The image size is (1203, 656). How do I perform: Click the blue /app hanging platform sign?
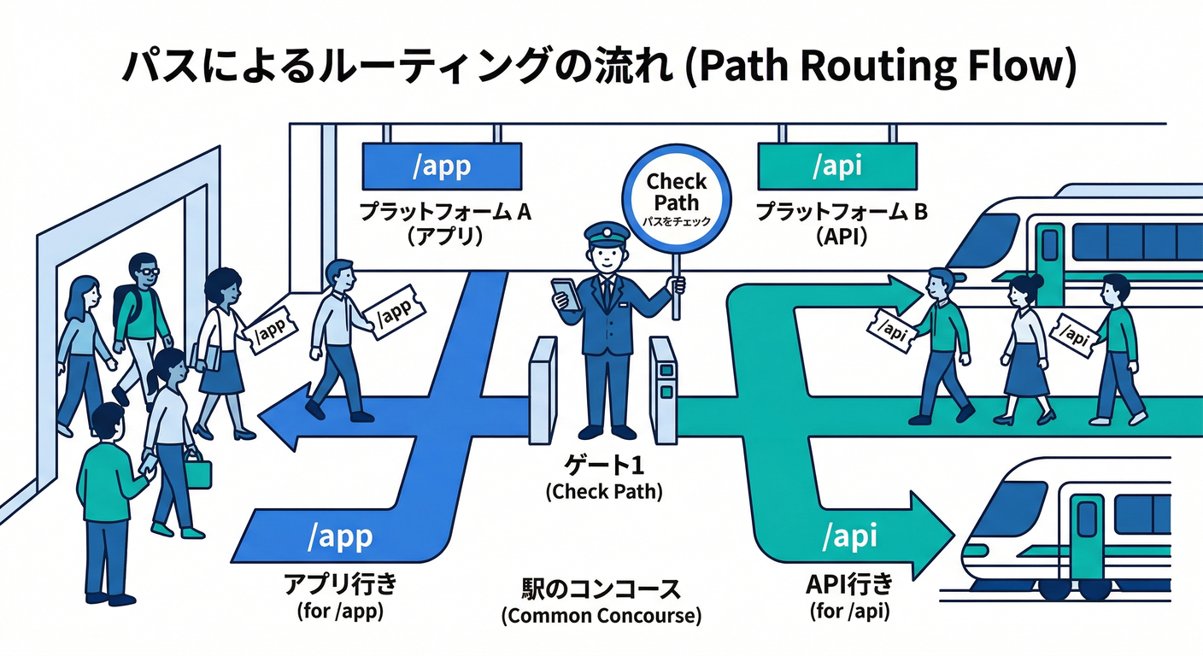[x=441, y=166]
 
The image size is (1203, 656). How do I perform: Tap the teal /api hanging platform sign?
[x=836, y=166]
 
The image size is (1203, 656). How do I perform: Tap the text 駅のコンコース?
[x=601, y=589]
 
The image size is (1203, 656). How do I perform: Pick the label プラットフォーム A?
[x=444, y=211]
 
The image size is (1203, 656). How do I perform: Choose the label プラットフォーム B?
[x=842, y=211]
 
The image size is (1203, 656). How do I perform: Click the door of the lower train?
[x=1087, y=530]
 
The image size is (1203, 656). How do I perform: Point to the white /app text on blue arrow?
[x=339, y=536]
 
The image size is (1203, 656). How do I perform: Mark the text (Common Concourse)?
[x=601, y=616]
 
